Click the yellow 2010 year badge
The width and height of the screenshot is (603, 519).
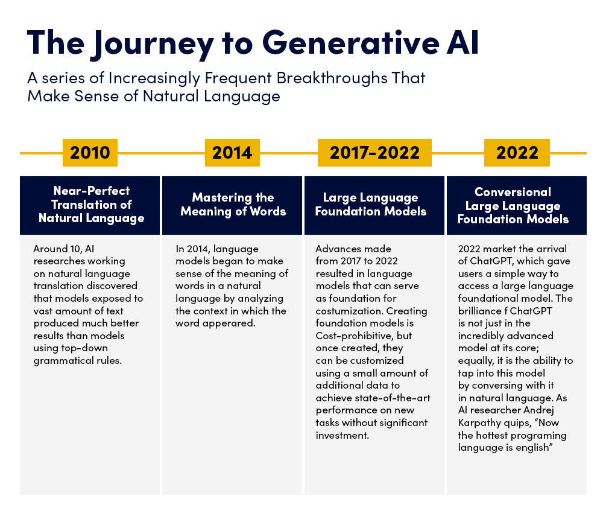pyautogui.click(x=90, y=152)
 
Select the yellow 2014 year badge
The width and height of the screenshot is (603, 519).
pyautogui.click(x=232, y=152)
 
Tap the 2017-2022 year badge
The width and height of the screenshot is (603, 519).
pyautogui.click(x=374, y=152)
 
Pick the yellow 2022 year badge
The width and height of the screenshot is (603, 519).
pyautogui.click(x=517, y=152)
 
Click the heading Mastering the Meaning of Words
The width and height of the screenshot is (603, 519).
pyautogui.click(x=233, y=205)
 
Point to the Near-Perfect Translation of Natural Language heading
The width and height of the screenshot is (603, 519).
pyautogui.click(x=91, y=205)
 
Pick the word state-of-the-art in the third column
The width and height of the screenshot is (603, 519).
pyautogui.click(x=389, y=398)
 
